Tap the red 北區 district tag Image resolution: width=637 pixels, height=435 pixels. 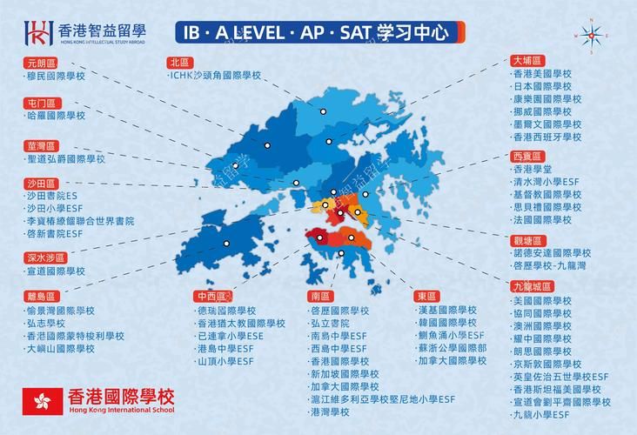(180, 62)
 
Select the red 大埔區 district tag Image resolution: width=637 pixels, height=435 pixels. (526, 61)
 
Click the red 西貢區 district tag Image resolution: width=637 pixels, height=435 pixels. (526, 155)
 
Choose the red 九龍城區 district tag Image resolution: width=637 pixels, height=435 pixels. (532, 285)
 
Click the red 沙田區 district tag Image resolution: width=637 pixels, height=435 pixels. (39, 184)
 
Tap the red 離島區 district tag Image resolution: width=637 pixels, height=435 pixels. (39, 296)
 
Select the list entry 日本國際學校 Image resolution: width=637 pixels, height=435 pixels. (546, 87)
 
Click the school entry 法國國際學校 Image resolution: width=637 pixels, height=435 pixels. (546, 220)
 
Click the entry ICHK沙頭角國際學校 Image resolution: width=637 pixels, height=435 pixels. (215, 76)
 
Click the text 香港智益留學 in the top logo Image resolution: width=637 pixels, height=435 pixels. (101, 29)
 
